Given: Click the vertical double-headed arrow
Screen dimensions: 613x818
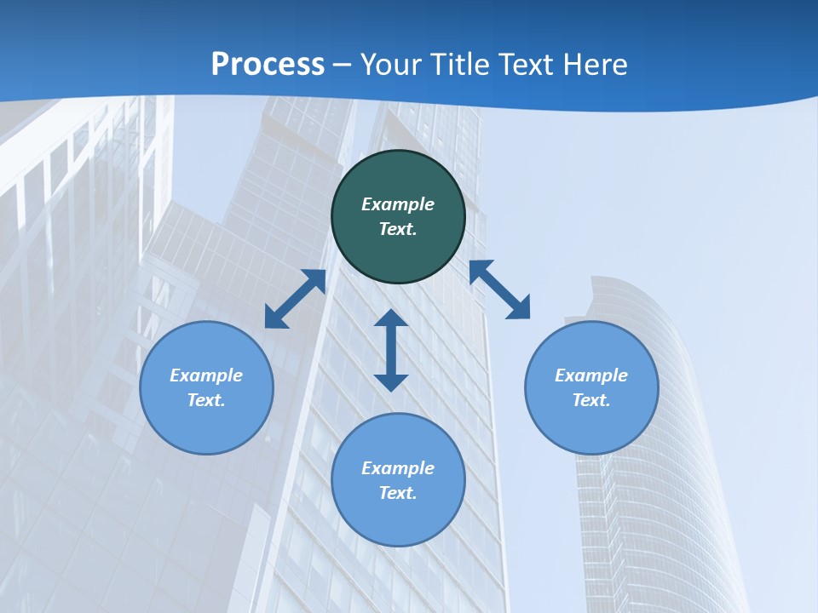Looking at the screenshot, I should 391,350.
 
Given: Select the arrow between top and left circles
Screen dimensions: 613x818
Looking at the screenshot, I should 296,299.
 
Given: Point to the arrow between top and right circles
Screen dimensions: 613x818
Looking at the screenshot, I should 499,289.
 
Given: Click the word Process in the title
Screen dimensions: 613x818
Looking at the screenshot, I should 268,64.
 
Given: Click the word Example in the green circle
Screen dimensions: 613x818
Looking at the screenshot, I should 398,204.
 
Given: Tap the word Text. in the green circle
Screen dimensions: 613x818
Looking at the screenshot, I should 398,229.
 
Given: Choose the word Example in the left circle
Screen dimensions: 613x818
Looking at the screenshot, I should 206,375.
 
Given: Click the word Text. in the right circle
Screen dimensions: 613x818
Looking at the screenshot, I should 591,400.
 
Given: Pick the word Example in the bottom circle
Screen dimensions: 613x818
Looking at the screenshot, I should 398,468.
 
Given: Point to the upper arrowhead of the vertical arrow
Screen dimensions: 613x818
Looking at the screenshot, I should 391,318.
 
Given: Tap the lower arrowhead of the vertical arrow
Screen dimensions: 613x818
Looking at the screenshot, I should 391,382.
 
